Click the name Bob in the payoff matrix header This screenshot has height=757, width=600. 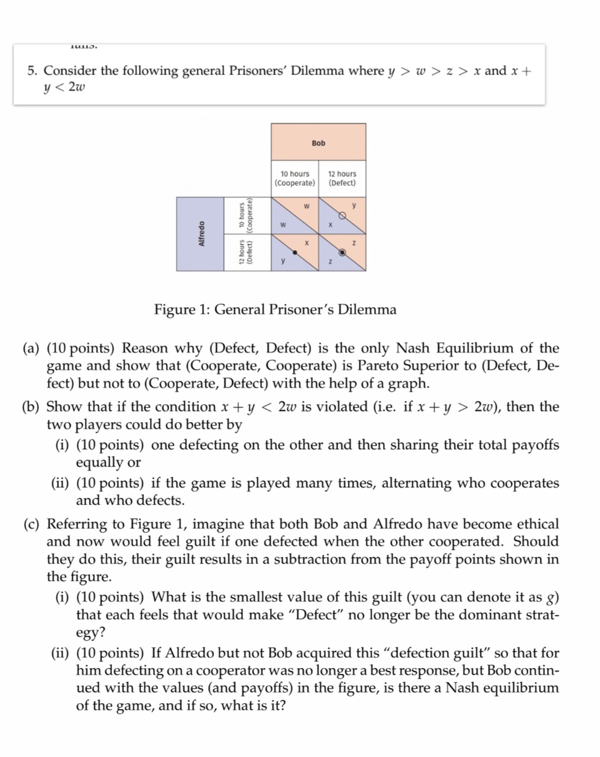pos(318,143)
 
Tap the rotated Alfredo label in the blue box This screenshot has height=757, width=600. pos(201,234)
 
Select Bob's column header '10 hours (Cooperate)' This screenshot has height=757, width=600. pos(295,178)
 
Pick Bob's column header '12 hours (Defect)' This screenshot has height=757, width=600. pos(342,178)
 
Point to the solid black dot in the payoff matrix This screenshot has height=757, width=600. pos(295,252)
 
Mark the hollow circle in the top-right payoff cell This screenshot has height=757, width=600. pos(342,216)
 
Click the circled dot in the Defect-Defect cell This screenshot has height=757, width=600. pos(342,252)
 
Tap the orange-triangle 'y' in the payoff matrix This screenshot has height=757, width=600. pos(354,206)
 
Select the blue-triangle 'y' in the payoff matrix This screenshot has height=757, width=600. pos(283,261)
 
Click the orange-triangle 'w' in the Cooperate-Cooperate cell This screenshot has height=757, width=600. pos(306,206)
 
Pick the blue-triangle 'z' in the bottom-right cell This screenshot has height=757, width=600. pos(330,262)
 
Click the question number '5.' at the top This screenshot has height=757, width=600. pos(32,71)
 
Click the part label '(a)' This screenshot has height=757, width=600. pos(31,348)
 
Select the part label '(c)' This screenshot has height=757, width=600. pos(31,524)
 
